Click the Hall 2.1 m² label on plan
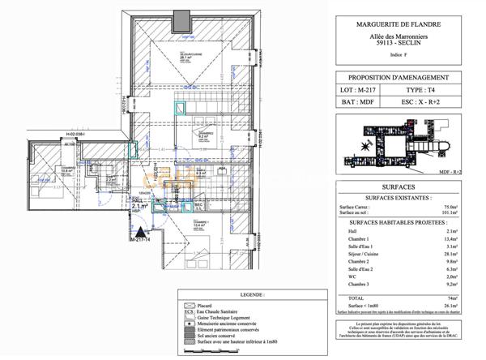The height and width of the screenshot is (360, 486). (x=139, y=207)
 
